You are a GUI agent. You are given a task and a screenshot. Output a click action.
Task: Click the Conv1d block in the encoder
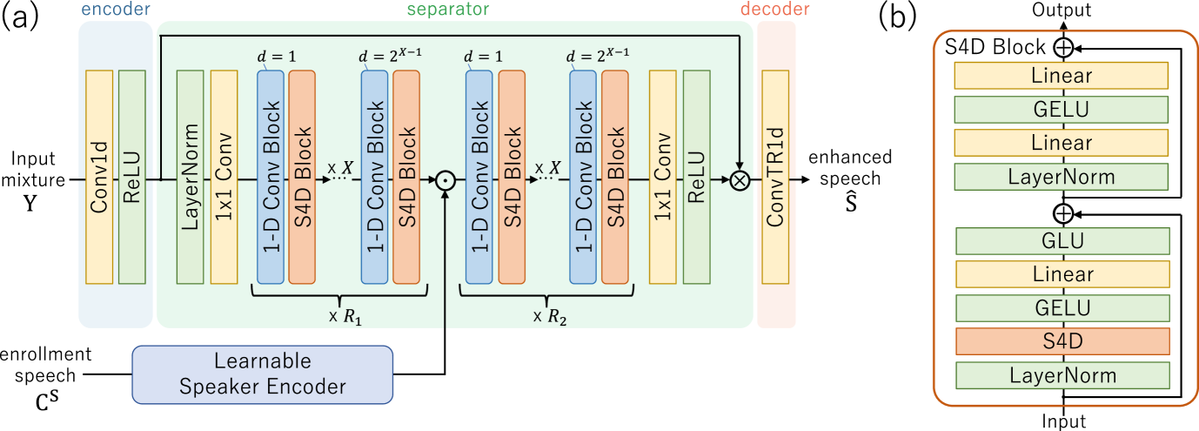point(99,178)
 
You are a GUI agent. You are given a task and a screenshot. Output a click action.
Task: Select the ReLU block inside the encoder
point(131,178)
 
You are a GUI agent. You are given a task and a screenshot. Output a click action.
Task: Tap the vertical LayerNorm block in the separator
point(190,178)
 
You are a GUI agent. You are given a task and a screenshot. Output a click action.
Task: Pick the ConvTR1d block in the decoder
point(774,178)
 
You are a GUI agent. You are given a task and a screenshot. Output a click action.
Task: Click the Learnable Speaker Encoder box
point(262,374)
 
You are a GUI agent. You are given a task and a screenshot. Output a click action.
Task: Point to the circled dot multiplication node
point(445,180)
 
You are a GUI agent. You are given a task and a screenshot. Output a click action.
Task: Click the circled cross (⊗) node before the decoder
point(740,180)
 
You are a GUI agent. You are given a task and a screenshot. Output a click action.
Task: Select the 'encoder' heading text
point(116,10)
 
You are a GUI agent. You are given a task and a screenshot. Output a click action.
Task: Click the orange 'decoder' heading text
point(774,10)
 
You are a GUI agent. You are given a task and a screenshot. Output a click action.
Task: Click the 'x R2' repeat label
point(550,316)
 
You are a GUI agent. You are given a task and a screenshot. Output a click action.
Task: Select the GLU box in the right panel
point(1062,241)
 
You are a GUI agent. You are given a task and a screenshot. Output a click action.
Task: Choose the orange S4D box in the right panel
point(1062,341)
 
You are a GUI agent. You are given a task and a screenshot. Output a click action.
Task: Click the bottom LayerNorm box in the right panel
point(1062,376)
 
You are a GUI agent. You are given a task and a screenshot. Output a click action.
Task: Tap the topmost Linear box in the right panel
point(1062,76)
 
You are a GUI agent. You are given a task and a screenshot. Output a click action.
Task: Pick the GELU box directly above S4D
point(1062,308)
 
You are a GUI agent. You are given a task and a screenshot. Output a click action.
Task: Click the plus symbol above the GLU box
point(1062,213)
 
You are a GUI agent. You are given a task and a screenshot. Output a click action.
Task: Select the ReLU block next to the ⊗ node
point(696,178)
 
